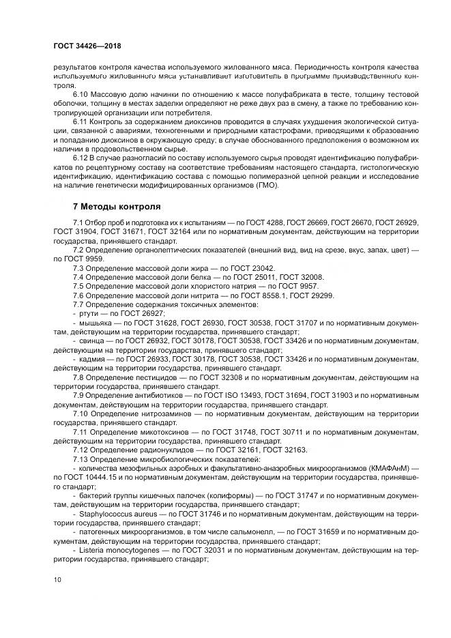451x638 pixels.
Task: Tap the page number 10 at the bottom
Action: [57, 579]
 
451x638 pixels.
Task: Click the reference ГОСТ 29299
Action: [310, 295]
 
